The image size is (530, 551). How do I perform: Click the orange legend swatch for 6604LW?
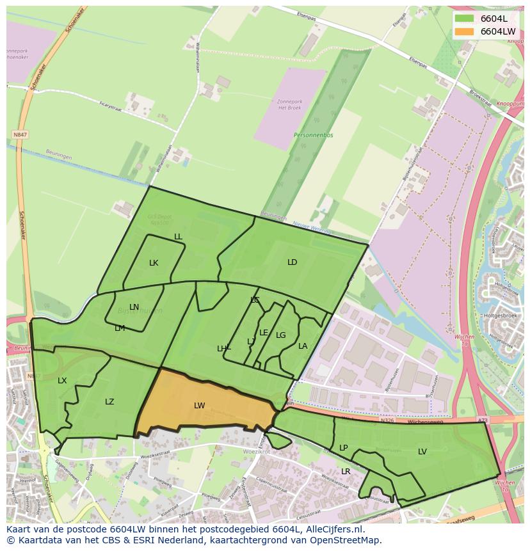tap(464, 31)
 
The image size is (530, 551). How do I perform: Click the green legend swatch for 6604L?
tap(464, 19)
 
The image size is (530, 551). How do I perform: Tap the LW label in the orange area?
tap(199, 406)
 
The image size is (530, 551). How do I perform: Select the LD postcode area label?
tap(292, 262)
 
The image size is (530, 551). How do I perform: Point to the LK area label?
tap(154, 263)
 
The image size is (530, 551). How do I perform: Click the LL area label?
tap(178, 237)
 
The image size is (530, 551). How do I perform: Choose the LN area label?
tap(134, 307)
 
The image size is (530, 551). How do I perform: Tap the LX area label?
tap(62, 381)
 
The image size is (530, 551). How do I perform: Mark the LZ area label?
tap(109, 402)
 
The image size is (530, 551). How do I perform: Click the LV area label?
tap(422, 452)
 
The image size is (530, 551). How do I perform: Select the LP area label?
tap(343, 448)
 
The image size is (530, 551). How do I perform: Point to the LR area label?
tap(346, 472)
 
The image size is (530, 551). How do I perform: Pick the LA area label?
tap(303, 346)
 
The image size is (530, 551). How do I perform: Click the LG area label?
tap(280, 335)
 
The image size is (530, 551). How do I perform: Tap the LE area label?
tap(264, 333)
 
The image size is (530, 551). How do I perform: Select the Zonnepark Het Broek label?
tap(290, 104)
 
